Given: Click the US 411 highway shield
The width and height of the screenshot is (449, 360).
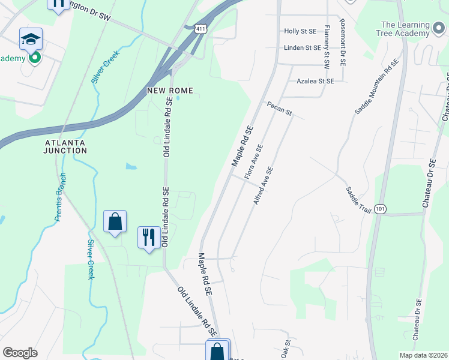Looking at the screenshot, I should (x=200, y=29).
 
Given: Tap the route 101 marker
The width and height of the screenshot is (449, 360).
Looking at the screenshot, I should (x=379, y=208).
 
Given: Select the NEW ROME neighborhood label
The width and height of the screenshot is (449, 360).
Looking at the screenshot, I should (x=170, y=91).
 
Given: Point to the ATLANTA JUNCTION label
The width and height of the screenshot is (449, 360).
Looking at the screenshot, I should (x=65, y=146).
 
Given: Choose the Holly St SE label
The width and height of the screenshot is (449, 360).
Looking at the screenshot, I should (x=300, y=31).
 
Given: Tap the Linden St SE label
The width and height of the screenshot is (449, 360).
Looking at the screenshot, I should (x=302, y=47).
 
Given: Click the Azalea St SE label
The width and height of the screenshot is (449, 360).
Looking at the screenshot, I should (x=315, y=80).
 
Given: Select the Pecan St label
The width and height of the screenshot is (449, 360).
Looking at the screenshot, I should (x=280, y=108).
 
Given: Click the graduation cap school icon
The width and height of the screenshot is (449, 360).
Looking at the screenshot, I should (x=31, y=39).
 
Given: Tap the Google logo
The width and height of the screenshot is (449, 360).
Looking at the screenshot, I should (x=20, y=353).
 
